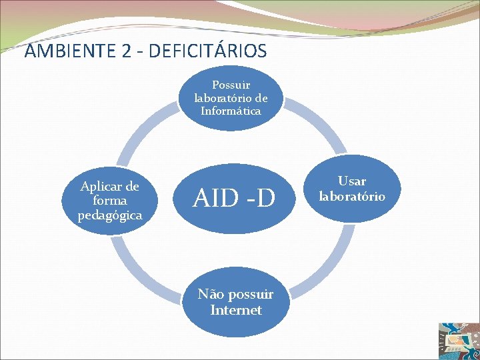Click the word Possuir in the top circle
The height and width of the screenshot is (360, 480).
pos(231,85)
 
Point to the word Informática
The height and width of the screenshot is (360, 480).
pos(231,111)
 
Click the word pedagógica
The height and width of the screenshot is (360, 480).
pos(109,215)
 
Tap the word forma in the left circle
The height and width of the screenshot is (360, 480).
pos(109,201)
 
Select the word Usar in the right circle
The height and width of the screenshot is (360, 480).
pos(351,181)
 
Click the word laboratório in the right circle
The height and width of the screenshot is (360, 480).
pos(351,196)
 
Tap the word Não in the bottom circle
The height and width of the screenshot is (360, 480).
pos(211,295)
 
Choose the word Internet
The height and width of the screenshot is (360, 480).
pos(235,310)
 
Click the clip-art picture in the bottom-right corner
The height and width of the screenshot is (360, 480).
pos(458,340)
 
